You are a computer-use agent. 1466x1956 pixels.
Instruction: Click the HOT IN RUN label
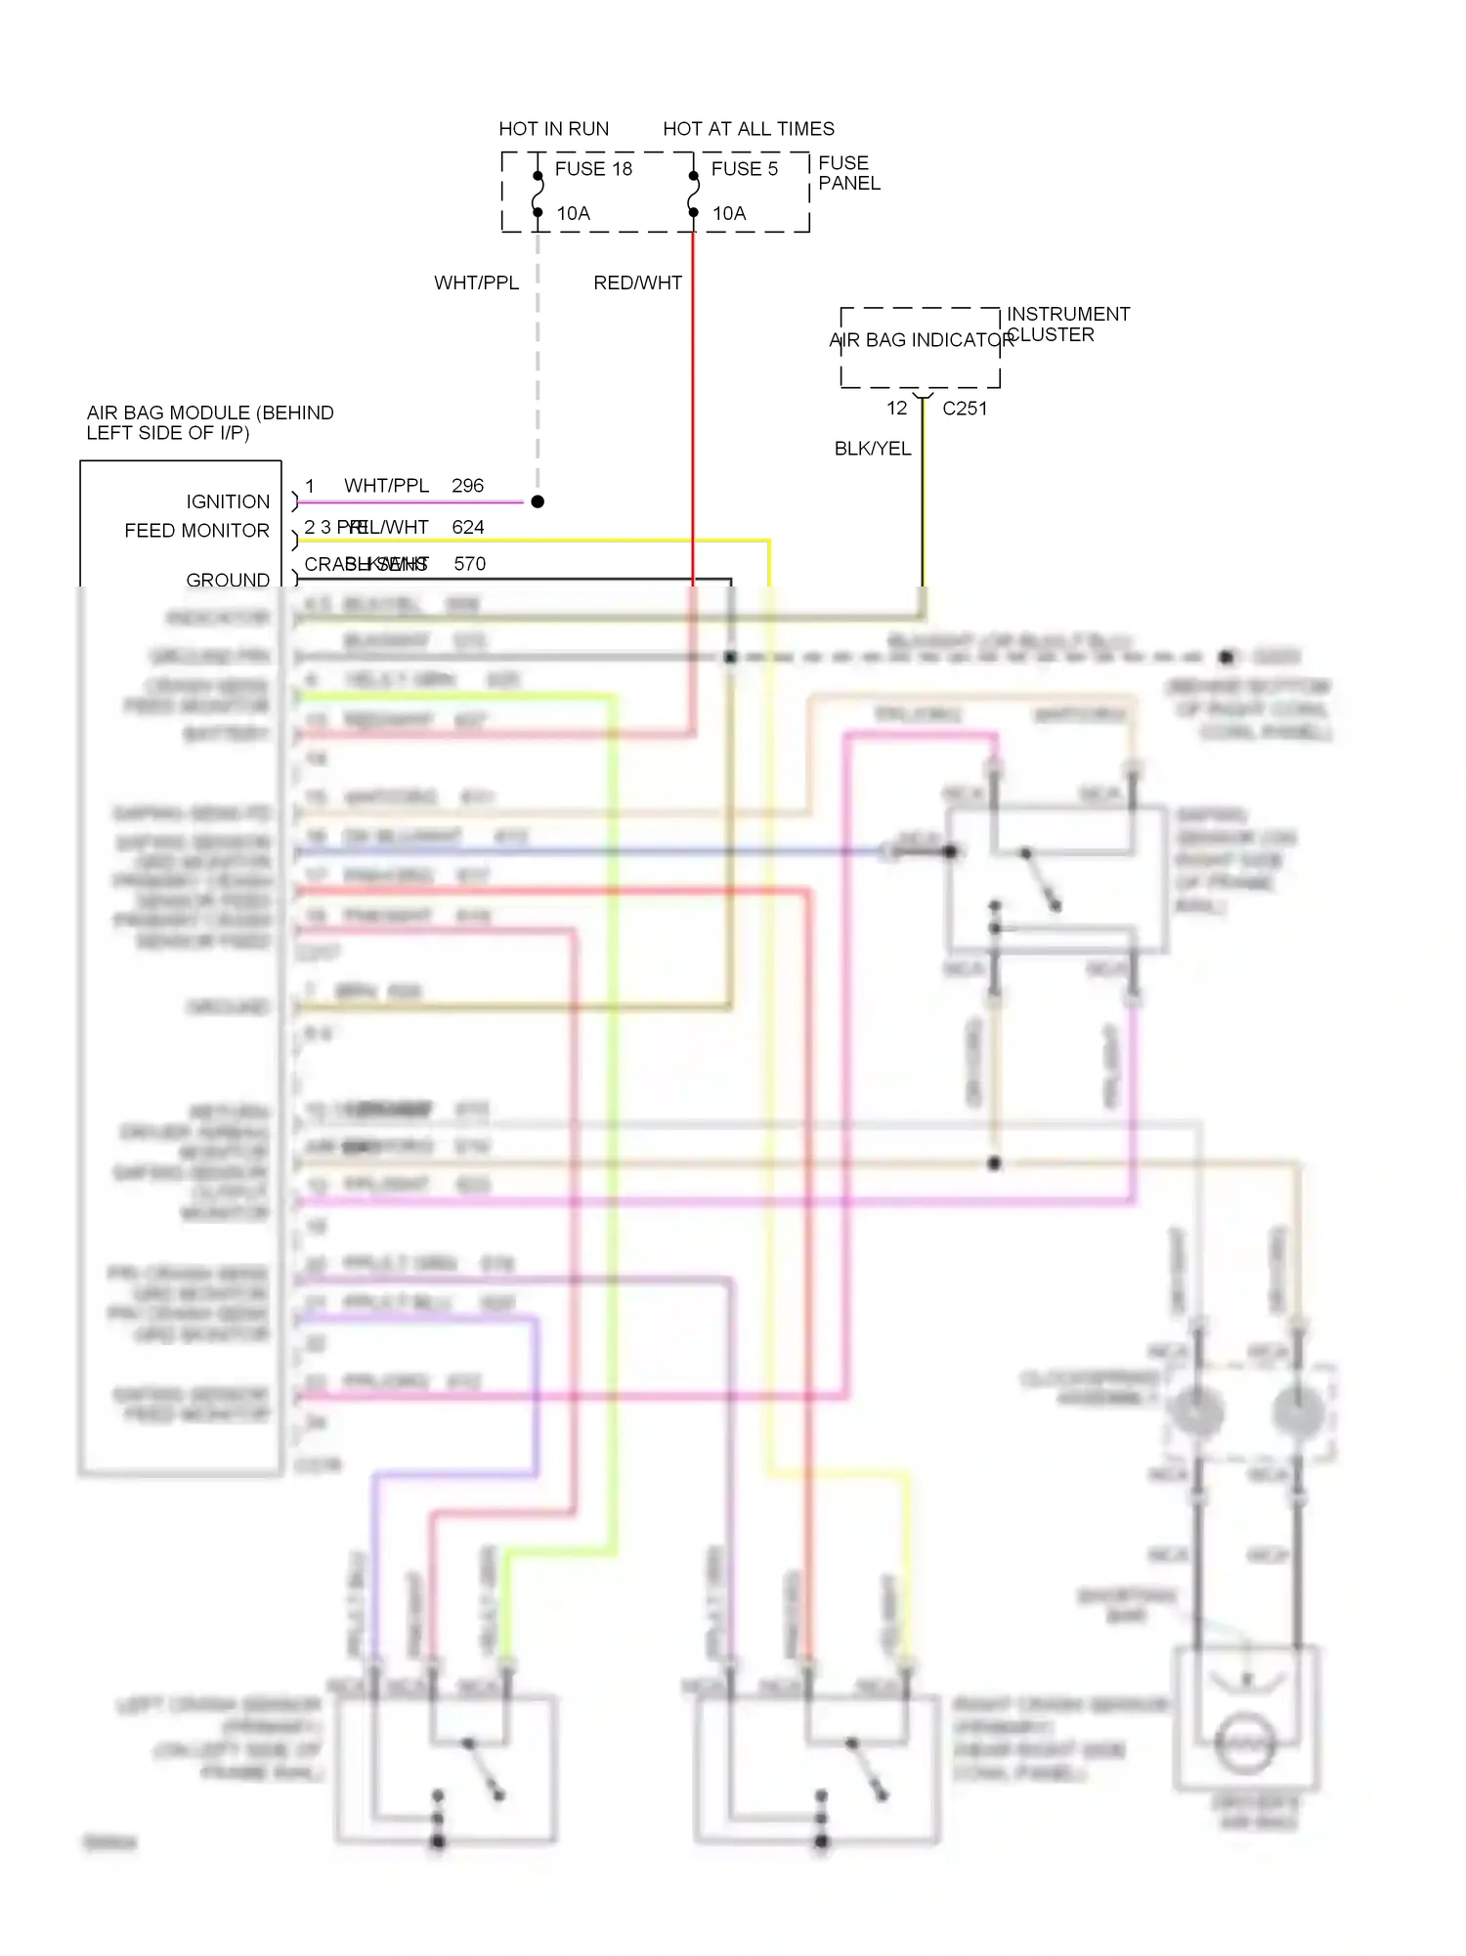click(x=553, y=129)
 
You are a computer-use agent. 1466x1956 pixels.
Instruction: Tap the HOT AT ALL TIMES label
click(x=749, y=129)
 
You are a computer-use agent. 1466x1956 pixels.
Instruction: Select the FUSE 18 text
click(x=593, y=169)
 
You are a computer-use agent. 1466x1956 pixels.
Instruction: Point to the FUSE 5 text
click(x=745, y=169)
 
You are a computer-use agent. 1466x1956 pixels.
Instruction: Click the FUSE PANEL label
click(x=848, y=173)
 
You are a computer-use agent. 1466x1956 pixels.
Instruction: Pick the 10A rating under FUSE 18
click(x=574, y=213)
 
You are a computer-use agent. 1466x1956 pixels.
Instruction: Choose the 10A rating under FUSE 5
click(x=729, y=213)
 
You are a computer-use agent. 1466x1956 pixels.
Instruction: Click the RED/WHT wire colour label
click(x=637, y=283)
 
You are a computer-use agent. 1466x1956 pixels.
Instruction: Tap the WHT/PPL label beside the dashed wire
click(x=476, y=283)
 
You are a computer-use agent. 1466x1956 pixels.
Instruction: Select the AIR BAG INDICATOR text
click(x=921, y=340)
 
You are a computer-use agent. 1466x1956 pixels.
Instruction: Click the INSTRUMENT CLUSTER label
click(x=1067, y=325)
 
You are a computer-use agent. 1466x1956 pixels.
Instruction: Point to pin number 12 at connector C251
click(x=897, y=409)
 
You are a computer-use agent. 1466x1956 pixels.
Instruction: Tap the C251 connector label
click(x=965, y=409)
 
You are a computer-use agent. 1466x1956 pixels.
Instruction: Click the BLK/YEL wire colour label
click(x=872, y=449)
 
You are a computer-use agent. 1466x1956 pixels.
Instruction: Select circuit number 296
click(x=467, y=486)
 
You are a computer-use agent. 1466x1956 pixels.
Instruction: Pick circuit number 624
click(x=468, y=528)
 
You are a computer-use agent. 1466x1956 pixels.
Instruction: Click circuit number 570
click(x=469, y=564)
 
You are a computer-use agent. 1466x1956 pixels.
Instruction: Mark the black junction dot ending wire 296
click(x=538, y=501)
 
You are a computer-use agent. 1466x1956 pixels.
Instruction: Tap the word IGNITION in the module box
click(x=228, y=501)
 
